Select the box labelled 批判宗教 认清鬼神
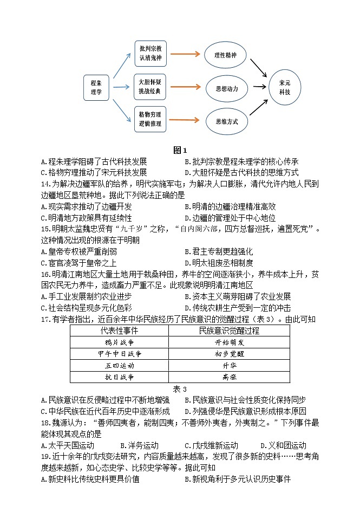click(150, 54)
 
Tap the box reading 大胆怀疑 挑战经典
click(150, 87)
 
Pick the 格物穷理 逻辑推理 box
click(150, 120)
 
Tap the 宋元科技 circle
click(285, 87)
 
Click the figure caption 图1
click(180, 150)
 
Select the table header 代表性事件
click(119, 330)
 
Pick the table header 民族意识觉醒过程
click(229, 330)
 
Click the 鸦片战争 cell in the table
click(119, 342)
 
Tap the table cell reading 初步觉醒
click(229, 354)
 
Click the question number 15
click(45, 229)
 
